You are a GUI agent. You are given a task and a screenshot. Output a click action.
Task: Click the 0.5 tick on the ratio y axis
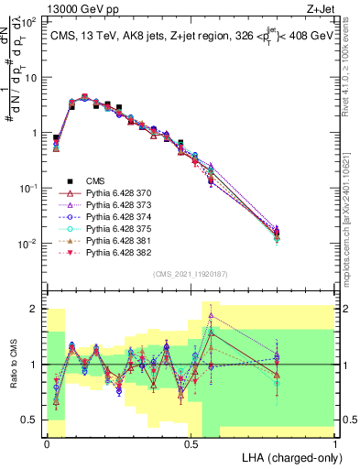pyautogui.click(x=33, y=420)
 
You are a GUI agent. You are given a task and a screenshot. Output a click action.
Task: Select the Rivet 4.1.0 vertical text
pyautogui.click(x=353, y=69)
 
